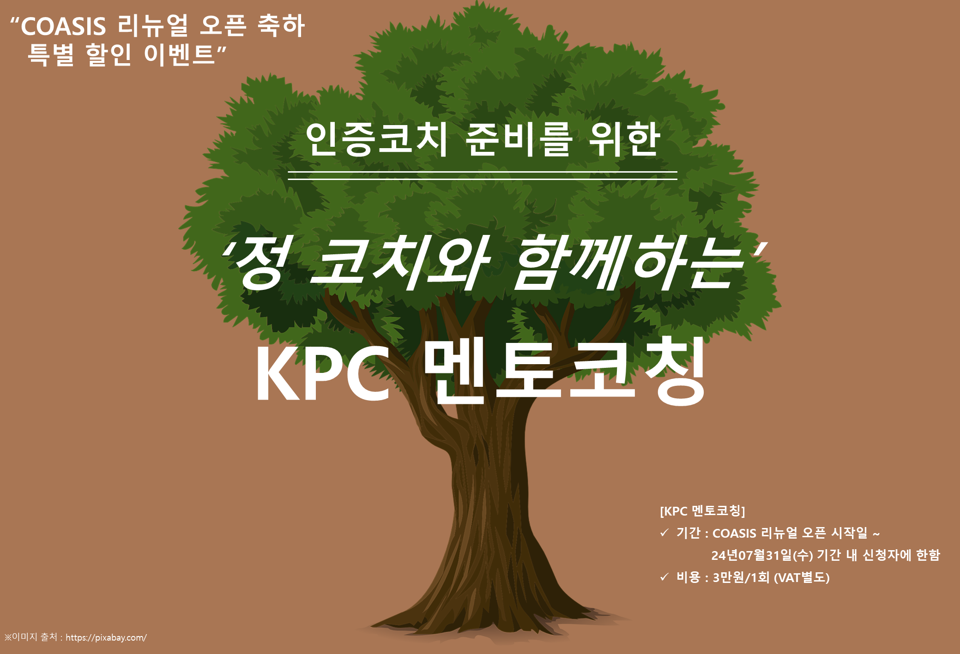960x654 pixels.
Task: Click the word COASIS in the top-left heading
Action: pyautogui.click(x=63, y=26)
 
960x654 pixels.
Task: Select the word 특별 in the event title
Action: pyautogui.click(x=51, y=55)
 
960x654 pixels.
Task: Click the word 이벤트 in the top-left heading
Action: pyautogui.click(x=180, y=54)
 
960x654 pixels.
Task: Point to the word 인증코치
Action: pyautogui.click(x=376, y=139)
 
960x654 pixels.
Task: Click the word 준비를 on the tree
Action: pyautogui.click(x=519, y=139)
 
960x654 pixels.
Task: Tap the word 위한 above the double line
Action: pyautogui.click(x=624, y=139)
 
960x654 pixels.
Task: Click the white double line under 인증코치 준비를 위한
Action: pyautogui.click(x=483, y=175)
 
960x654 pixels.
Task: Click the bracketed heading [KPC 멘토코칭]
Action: pyautogui.click(x=702, y=511)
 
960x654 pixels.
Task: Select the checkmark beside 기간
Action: pyautogui.click(x=664, y=533)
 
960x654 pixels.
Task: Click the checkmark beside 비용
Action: pyautogui.click(x=664, y=577)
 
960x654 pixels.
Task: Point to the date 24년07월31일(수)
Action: pyautogui.click(x=762, y=555)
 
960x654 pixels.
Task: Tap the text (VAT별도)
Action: pyautogui.click(x=802, y=577)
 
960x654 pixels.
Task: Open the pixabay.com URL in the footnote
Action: pyautogui.click(x=106, y=638)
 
